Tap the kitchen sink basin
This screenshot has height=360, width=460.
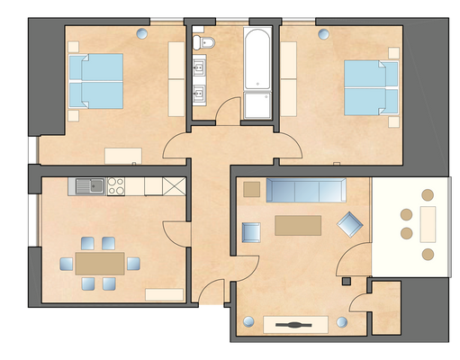[x=86, y=186]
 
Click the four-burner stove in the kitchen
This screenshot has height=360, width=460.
[x=116, y=186]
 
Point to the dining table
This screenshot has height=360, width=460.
[x=99, y=263]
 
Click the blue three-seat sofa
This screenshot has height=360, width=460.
[x=306, y=189]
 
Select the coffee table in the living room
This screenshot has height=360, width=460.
[x=298, y=223]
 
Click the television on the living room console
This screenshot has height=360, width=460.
[x=295, y=322]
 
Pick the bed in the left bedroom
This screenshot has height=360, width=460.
[x=95, y=80]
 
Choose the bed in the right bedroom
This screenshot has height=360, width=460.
[x=372, y=86]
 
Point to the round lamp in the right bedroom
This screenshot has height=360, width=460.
[x=324, y=34]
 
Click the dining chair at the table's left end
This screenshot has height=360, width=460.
[x=67, y=263]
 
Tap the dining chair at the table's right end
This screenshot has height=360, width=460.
[x=133, y=263]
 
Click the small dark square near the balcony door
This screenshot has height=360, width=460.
[x=346, y=281]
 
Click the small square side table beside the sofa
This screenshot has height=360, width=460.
[x=251, y=189]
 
